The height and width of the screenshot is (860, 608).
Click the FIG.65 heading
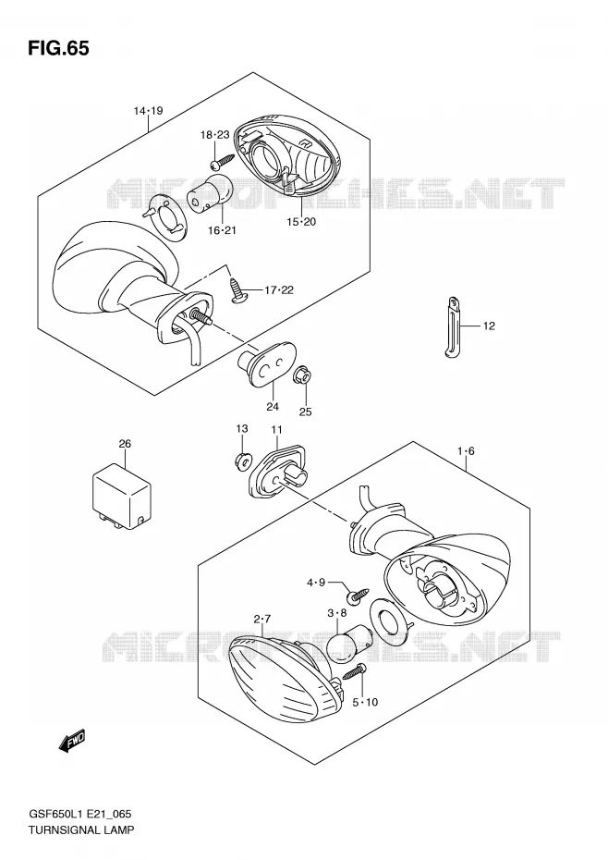[x=57, y=48]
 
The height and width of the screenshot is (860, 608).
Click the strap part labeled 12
[x=454, y=328]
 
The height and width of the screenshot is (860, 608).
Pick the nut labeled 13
[x=242, y=461]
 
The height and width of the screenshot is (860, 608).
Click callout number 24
[x=273, y=406]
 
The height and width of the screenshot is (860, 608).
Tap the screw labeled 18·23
[x=221, y=161]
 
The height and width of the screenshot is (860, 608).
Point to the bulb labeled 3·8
[x=343, y=642]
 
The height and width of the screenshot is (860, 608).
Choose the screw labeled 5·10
[x=355, y=671]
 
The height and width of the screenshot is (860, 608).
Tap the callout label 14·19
[x=148, y=111]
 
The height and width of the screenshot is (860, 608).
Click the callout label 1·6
[x=466, y=451]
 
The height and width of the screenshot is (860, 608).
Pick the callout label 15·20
[x=301, y=222]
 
